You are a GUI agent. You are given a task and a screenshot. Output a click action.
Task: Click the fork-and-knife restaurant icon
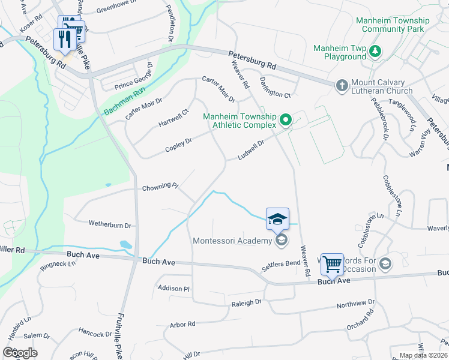(65, 40)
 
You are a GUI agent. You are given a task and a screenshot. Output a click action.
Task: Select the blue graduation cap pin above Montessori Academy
(277, 219)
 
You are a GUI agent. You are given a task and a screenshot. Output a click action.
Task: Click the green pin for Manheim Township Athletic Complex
(286, 120)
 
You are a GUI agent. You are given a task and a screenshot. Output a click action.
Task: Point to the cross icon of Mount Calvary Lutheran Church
(342, 85)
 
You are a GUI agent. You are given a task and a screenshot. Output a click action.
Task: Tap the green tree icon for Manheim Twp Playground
(375, 52)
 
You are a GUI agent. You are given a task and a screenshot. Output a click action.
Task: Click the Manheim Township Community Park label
(393, 25)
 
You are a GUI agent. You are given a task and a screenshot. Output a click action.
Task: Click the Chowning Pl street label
(160, 188)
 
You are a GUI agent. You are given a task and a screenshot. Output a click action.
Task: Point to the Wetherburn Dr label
(110, 224)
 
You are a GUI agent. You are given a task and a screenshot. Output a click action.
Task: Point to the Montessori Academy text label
(232, 241)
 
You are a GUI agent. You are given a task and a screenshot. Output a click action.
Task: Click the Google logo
(20, 353)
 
